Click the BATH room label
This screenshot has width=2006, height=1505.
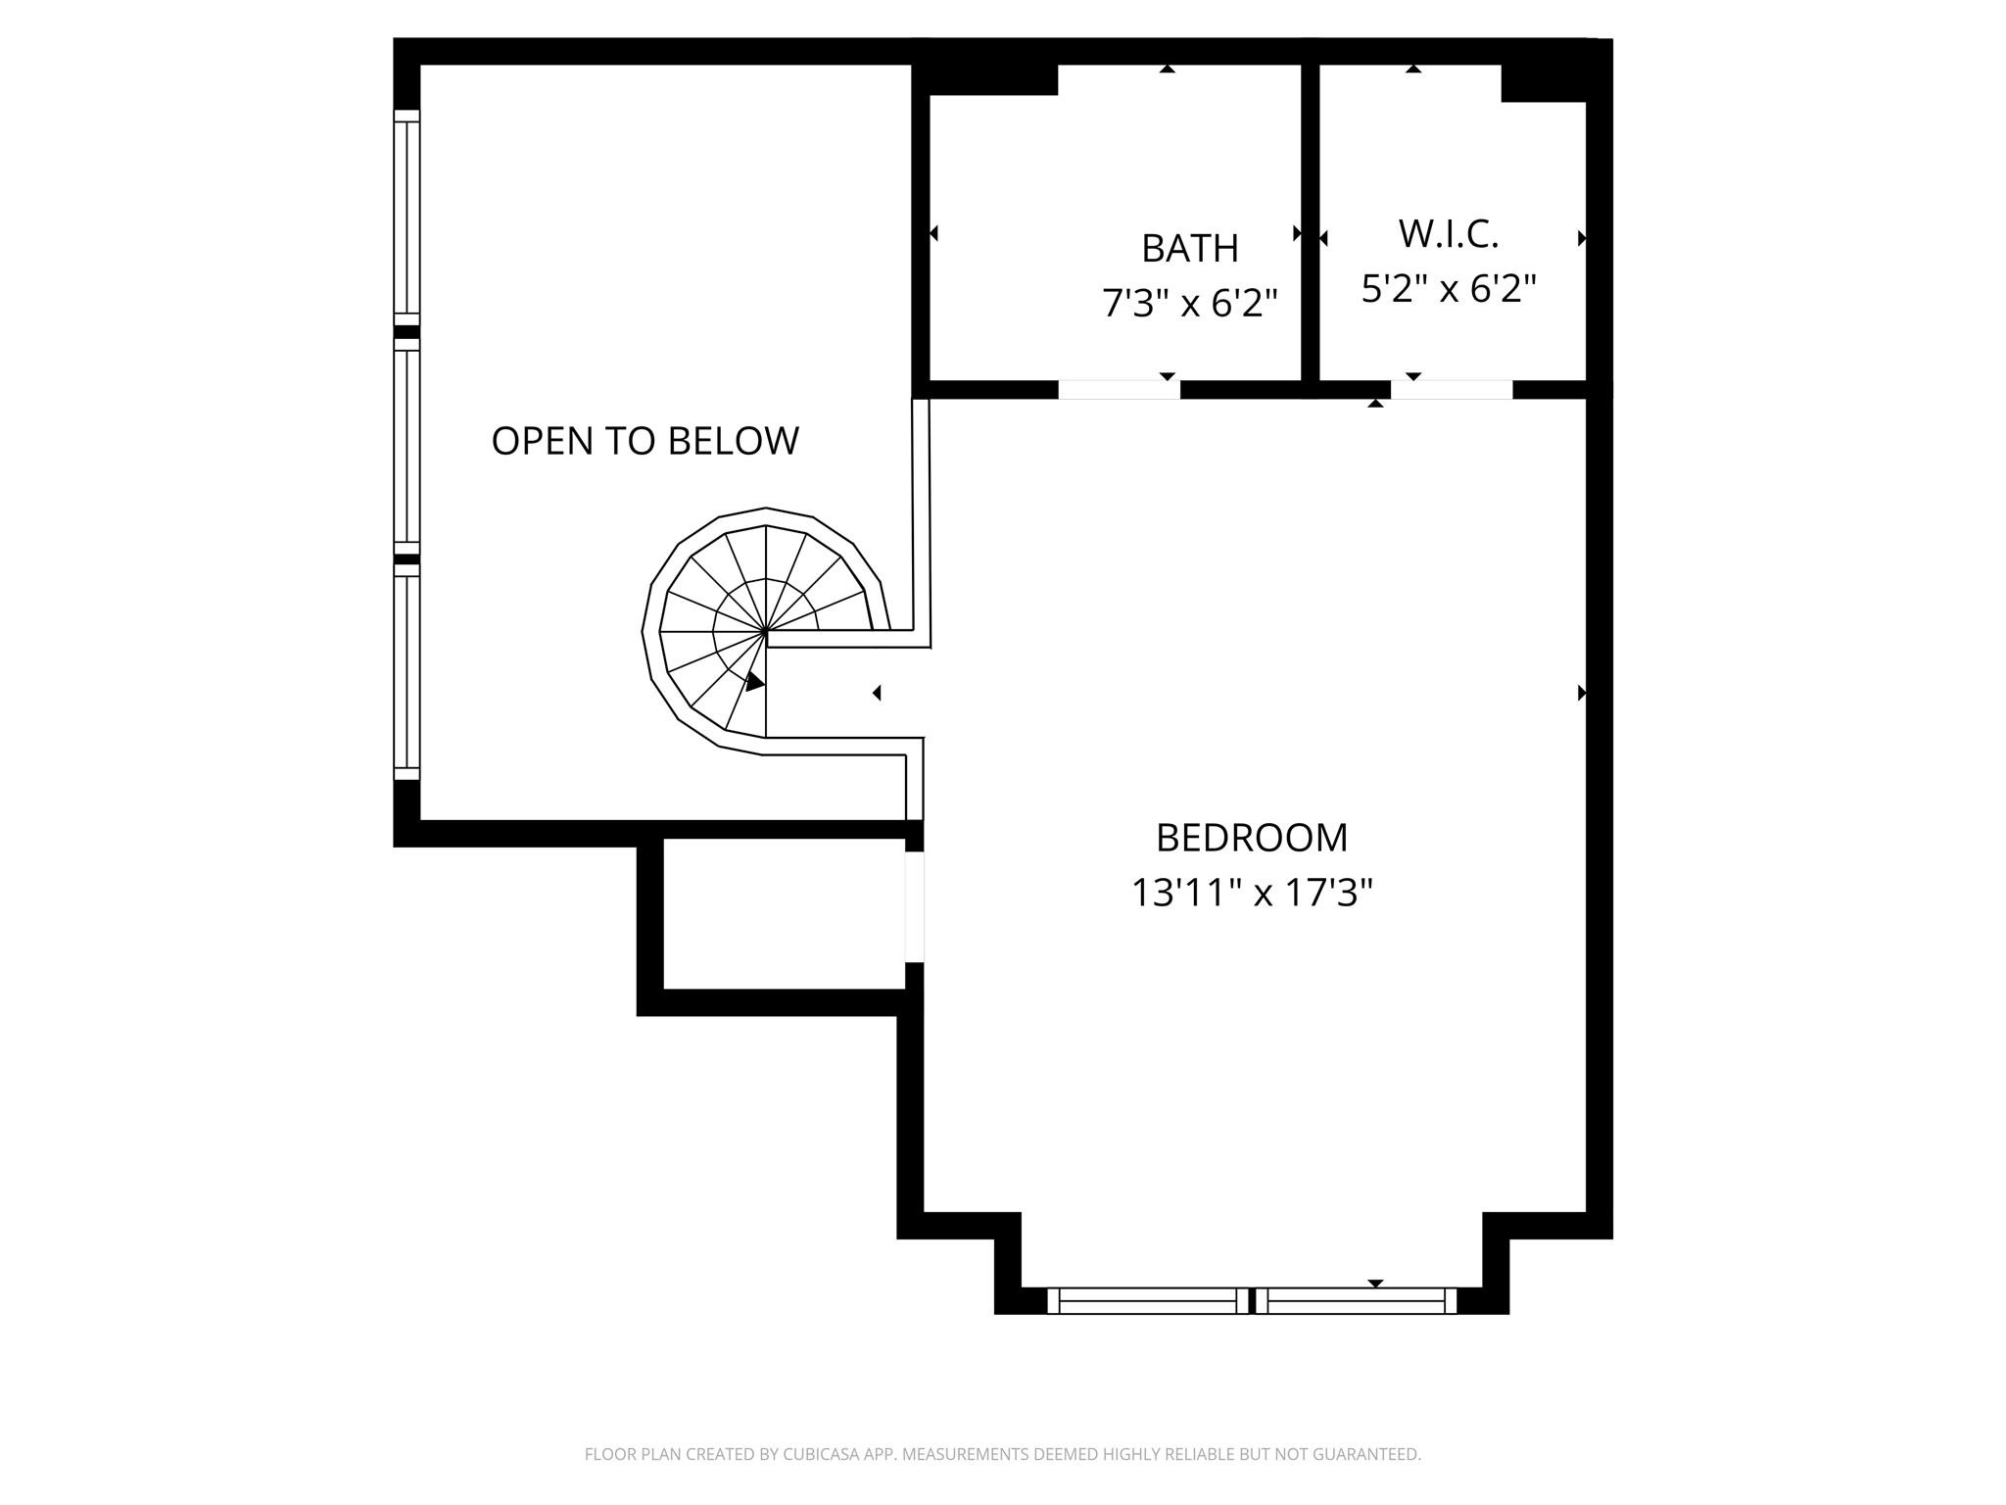(x=1190, y=249)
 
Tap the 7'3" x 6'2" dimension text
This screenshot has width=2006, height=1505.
(x=1190, y=304)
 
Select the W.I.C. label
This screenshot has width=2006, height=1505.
(x=1449, y=234)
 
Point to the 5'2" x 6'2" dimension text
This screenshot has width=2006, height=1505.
(x=1449, y=289)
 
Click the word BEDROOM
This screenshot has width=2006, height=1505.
(x=1252, y=839)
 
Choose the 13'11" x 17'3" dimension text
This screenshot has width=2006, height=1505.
(x=1252, y=894)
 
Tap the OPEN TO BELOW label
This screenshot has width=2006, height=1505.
(x=645, y=442)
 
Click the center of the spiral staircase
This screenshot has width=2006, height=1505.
(x=765, y=632)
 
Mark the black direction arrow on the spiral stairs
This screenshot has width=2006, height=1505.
(x=754, y=682)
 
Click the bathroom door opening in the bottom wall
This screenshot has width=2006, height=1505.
(x=1119, y=389)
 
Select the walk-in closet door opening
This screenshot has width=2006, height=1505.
(x=1452, y=389)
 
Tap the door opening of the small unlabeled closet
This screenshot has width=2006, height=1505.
(x=914, y=907)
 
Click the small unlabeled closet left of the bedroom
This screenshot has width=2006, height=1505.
(x=784, y=913)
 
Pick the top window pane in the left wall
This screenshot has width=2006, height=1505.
(x=406, y=217)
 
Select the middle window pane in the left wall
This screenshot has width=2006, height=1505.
(x=406, y=446)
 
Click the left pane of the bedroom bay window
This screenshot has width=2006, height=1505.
(x=1148, y=1300)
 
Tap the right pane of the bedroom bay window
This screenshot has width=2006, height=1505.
(x=1356, y=1300)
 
